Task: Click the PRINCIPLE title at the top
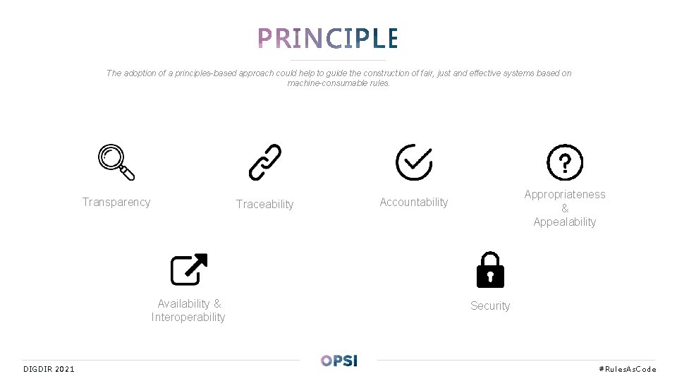click(328, 38)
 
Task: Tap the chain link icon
click(265, 162)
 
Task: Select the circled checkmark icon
click(414, 162)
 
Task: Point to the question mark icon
click(565, 163)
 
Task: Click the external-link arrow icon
click(188, 269)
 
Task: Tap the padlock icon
click(490, 270)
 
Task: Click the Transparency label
click(116, 202)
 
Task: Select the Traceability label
click(264, 205)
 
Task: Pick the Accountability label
click(414, 202)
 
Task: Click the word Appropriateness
click(565, 195)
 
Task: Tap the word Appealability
click(565, 222)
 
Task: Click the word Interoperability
click(188, 317)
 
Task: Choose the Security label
click(490, 306)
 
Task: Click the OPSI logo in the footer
click(339, 361)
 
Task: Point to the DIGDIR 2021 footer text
click(49, 369)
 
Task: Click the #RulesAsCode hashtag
click(627, 369)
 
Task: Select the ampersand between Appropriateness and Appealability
click(565, 209)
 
